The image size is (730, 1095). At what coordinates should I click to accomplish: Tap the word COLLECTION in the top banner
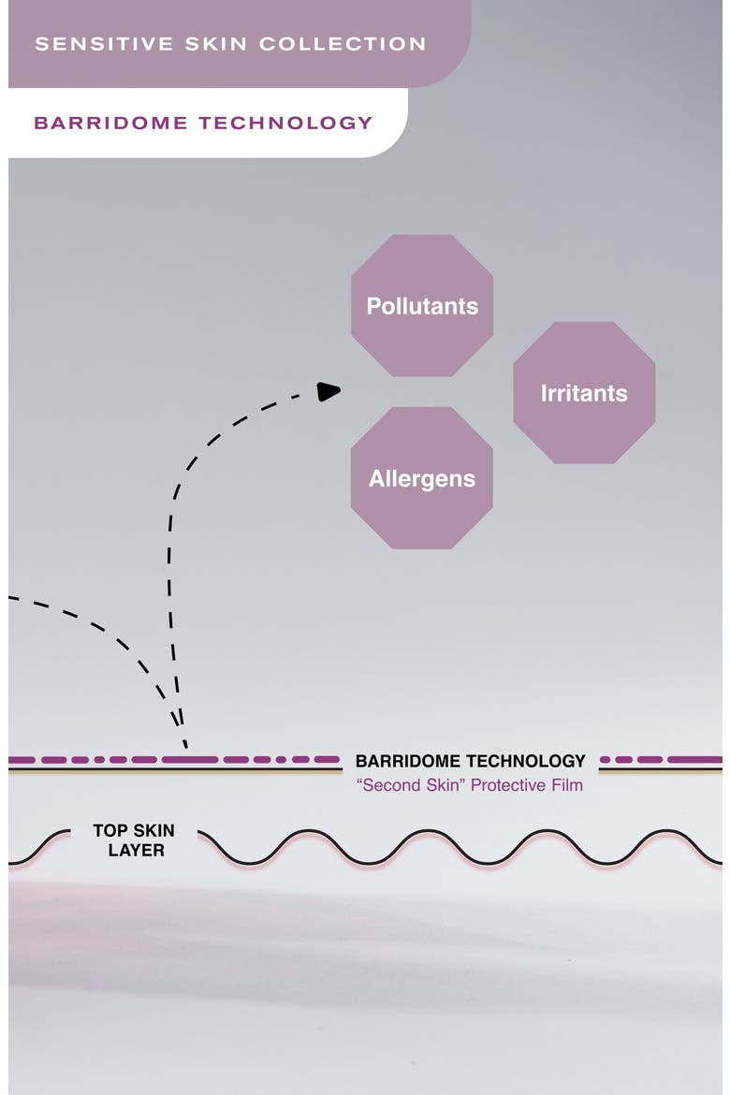343,44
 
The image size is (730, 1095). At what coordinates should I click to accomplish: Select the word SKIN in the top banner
216,44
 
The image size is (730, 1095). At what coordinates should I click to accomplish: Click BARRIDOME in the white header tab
110,123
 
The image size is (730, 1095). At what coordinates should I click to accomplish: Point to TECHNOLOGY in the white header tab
285,123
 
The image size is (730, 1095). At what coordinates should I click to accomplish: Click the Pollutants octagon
422,305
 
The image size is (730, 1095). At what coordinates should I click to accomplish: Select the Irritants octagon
584,392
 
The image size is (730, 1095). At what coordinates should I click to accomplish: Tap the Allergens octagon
422,477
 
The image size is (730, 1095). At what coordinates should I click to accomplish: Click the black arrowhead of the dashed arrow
328,391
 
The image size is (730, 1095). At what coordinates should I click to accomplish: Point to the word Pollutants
423,306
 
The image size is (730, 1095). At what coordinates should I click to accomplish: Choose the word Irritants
584,393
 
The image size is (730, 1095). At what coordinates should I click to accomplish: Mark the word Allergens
422,479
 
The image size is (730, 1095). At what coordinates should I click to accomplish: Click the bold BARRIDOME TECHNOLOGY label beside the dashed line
470,761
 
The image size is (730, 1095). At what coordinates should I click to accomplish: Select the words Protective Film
527,785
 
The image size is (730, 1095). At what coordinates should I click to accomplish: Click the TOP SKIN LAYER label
134,840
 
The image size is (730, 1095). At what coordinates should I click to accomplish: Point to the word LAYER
137,851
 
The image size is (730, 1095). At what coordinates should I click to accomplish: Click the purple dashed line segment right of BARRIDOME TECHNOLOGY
661,759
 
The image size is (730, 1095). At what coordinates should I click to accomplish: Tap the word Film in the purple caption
566,785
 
